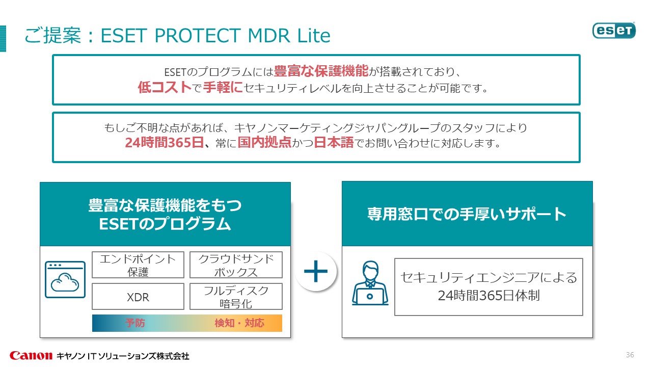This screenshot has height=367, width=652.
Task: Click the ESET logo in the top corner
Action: pyautogui.click(x=614, y=30)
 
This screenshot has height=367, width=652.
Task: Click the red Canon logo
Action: pyautogui.click(x=31, y=355)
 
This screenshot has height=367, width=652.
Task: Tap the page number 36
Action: pyautogui.click(x=630, y=355)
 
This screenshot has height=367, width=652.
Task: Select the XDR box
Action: pyautogui.click(x=138, y=297)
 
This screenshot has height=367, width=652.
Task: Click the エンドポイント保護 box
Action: pyautogui.click(x=138, y=265)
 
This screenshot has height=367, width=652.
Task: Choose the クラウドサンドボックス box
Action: pyautogui.click(x=236, y=265)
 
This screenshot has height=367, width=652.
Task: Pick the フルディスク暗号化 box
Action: pyautogui.click(x=236, y=297)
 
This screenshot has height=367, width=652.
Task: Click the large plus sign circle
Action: pyautogui.click(x=316, y=271)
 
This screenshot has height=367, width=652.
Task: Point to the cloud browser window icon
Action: pyautogui.click(x=65, y=279)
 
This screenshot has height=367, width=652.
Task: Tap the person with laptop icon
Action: pyautogui.click(x=370, y=284)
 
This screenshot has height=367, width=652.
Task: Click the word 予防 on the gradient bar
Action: pyautogui.click(x=135, y=323)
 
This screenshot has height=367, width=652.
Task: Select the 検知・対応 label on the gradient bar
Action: pyautogui.click(x=239, y=323)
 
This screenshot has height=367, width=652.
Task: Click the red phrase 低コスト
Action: pyautogui.click(x=165, y=88)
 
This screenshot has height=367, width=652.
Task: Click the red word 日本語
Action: pyautogui.click(x=334, y=143)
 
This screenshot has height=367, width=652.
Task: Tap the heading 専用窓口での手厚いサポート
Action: pyautogui.click(x=467, y=214)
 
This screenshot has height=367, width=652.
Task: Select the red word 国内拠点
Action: pyautogui.click(x=264, y=143)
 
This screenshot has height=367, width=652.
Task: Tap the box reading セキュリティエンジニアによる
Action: pyautogui.click(x=488, y=286)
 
